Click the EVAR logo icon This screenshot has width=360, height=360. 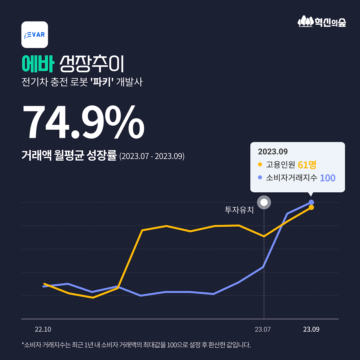pos(35,35)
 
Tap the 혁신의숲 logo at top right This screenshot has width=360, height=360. pos(322,22)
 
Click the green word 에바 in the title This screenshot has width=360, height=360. pos(38,64)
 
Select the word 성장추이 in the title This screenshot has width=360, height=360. pos(92,64)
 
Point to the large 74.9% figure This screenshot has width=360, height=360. pos(83,123)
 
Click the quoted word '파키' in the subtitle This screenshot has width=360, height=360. pos(102,82)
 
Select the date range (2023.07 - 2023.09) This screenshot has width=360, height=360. pos(152,156)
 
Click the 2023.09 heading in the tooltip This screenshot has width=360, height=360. pos(273,152)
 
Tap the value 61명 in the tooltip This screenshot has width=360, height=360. pos(307,165)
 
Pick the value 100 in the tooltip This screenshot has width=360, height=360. pos(328,178)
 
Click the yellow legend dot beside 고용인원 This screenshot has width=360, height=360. pos(260,164)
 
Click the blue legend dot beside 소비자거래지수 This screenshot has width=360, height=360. pos(260,177)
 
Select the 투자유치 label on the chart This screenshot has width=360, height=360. pos(239,210)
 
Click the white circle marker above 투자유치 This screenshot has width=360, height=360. pos(264,202)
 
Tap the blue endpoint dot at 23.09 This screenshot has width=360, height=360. pos(311,202)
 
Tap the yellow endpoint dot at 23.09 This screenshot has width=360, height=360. pos(311,208)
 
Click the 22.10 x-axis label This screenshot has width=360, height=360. pos(43,329)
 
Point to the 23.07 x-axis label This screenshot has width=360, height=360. pos(263,329)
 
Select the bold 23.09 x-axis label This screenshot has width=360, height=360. pos(311,329)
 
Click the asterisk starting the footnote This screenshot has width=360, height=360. pos(23,344)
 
